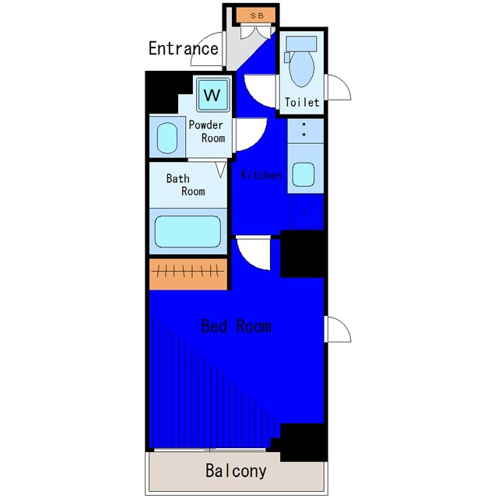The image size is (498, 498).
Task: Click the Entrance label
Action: pos(184,48)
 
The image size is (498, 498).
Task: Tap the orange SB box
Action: pos(256,16)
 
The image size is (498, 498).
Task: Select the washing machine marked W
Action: pos(212,95)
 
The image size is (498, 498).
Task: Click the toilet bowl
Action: pos(302,68)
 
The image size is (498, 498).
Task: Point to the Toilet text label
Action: pos(302,102)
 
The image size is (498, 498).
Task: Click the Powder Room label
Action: pos(207,132)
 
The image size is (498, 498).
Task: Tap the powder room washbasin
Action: pos(167,138)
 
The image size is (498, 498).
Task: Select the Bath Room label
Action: pos(186,184)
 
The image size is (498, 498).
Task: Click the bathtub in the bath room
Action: pos(188,232)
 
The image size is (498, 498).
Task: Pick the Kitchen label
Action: pos(261,175)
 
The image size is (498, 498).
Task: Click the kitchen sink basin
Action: pos(303,174)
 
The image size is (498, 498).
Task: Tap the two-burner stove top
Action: pos(306,131)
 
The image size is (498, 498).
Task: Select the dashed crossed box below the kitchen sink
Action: pos(306,212)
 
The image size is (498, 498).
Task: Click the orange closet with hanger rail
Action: pos(188,274)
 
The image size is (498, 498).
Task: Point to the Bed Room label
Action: pos(237,327)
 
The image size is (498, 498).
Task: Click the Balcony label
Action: pos(236,471)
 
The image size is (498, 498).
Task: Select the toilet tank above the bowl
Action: pos(301,44)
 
